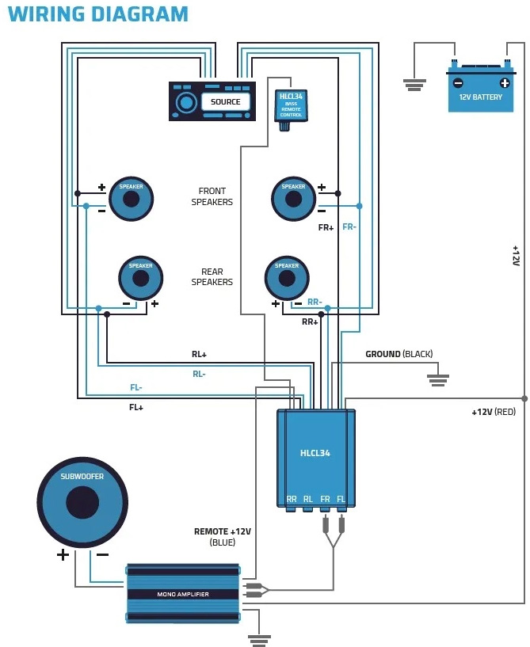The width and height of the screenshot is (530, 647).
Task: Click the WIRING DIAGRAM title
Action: pos(98,14)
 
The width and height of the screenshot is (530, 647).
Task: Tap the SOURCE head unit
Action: pos(212,101)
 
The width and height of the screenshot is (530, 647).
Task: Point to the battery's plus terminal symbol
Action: pos(505,82)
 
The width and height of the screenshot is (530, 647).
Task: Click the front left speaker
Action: pos(131,198)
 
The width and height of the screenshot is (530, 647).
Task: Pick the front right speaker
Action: pos(293,198)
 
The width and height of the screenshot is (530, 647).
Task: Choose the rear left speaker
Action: pos(140,278)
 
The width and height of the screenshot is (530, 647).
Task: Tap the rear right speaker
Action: pos(287,278)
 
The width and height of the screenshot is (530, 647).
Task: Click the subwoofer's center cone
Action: pos(82,502)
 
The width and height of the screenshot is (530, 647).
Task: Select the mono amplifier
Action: pos(183,593)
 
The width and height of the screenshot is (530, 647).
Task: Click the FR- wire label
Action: pos(349,226)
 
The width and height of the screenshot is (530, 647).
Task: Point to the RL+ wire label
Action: pos(199,355)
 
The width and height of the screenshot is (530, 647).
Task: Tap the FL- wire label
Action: pos(137,387)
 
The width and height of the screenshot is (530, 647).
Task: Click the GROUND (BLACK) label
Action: pos(398,354)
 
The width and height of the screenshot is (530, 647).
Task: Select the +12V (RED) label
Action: pos(493,412)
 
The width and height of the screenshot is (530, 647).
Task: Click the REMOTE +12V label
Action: pos(222,531)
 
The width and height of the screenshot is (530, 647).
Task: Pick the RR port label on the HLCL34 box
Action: pos(292,499)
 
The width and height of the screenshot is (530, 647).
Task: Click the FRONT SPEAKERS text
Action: pos(212,196)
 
